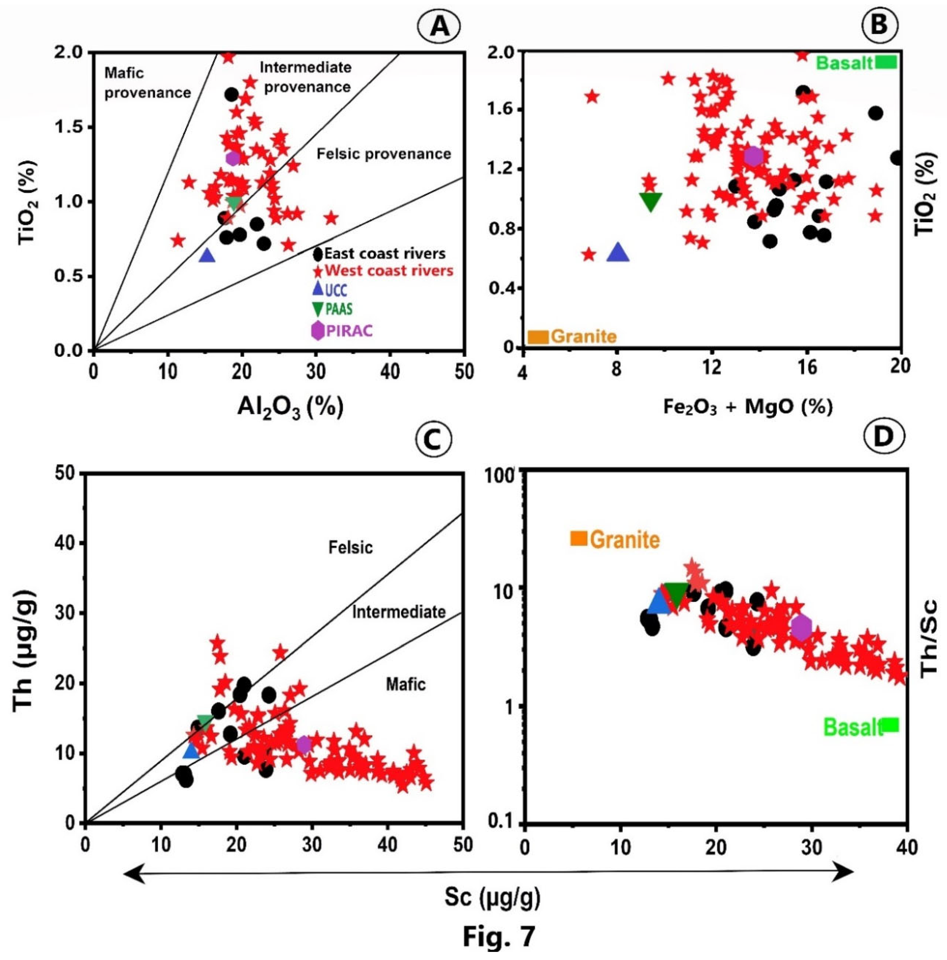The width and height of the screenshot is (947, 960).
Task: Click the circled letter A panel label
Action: pyautogui.click(x=439, y=26)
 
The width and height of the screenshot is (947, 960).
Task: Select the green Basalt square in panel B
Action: pyautogui.click(x=886, y=62)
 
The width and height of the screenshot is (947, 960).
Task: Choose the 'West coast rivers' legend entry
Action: pyautogui.click(x=383, y=271)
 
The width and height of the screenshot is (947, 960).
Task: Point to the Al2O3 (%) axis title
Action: pyautogui.click(x=290, y=408)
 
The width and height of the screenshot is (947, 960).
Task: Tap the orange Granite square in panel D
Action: pyautogui.click(x=578, y=538)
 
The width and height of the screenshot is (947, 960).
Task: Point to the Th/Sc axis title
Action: pyautogui.click(x=928, y=639)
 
